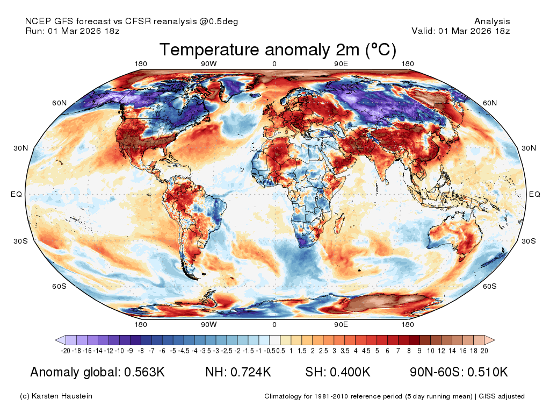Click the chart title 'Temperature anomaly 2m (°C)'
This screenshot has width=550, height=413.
click(x=278, y=50)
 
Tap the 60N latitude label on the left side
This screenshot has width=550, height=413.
click(x=59, y=103)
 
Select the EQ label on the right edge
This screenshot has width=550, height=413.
click(x=534, y=194)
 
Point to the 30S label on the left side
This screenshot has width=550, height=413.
click(x=21, y=241)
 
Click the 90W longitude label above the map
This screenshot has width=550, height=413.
click(x=209, y=63)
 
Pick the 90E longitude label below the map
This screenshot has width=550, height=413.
click(x=341, y=324)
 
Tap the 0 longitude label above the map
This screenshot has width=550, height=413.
click(x=274, y=63)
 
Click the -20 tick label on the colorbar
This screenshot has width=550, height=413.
click(x=66, y=351)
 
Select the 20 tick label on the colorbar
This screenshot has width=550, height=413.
click(x=484, y=351)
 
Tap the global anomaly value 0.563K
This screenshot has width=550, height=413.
click(x=144, y=372)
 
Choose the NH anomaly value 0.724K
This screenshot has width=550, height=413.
click(x=251, y=372)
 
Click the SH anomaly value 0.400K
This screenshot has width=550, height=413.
click(x=350, y=372)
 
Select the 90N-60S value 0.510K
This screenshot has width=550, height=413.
click(x=488, y=372)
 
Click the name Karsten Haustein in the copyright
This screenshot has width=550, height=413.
click(x=62, y=396)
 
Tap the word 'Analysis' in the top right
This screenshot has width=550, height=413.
click(x=492, y=22)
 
